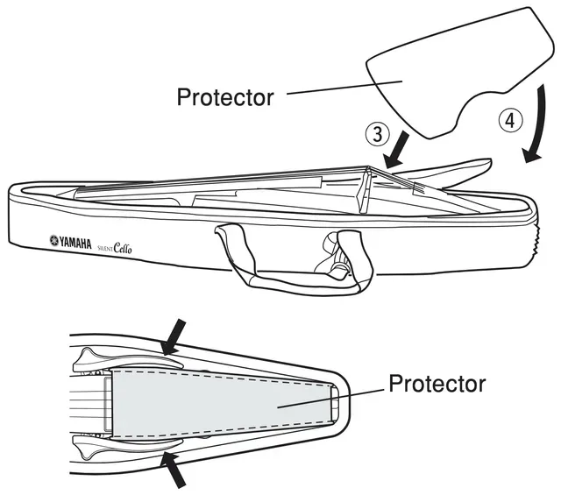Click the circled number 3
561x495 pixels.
coord(378,134)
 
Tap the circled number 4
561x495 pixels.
coord(510,121)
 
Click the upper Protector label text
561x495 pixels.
coord(225,97)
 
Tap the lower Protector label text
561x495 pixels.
coord(437,384)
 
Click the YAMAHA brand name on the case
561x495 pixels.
coord(75,244)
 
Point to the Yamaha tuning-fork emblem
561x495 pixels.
coord(53,240)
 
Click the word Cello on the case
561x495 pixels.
coord(123,247)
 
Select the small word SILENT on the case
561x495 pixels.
coord(105,247)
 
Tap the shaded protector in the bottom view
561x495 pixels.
coord(223,404)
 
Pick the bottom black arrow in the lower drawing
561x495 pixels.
coord(173,470)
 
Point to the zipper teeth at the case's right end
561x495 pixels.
coord(535,240)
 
